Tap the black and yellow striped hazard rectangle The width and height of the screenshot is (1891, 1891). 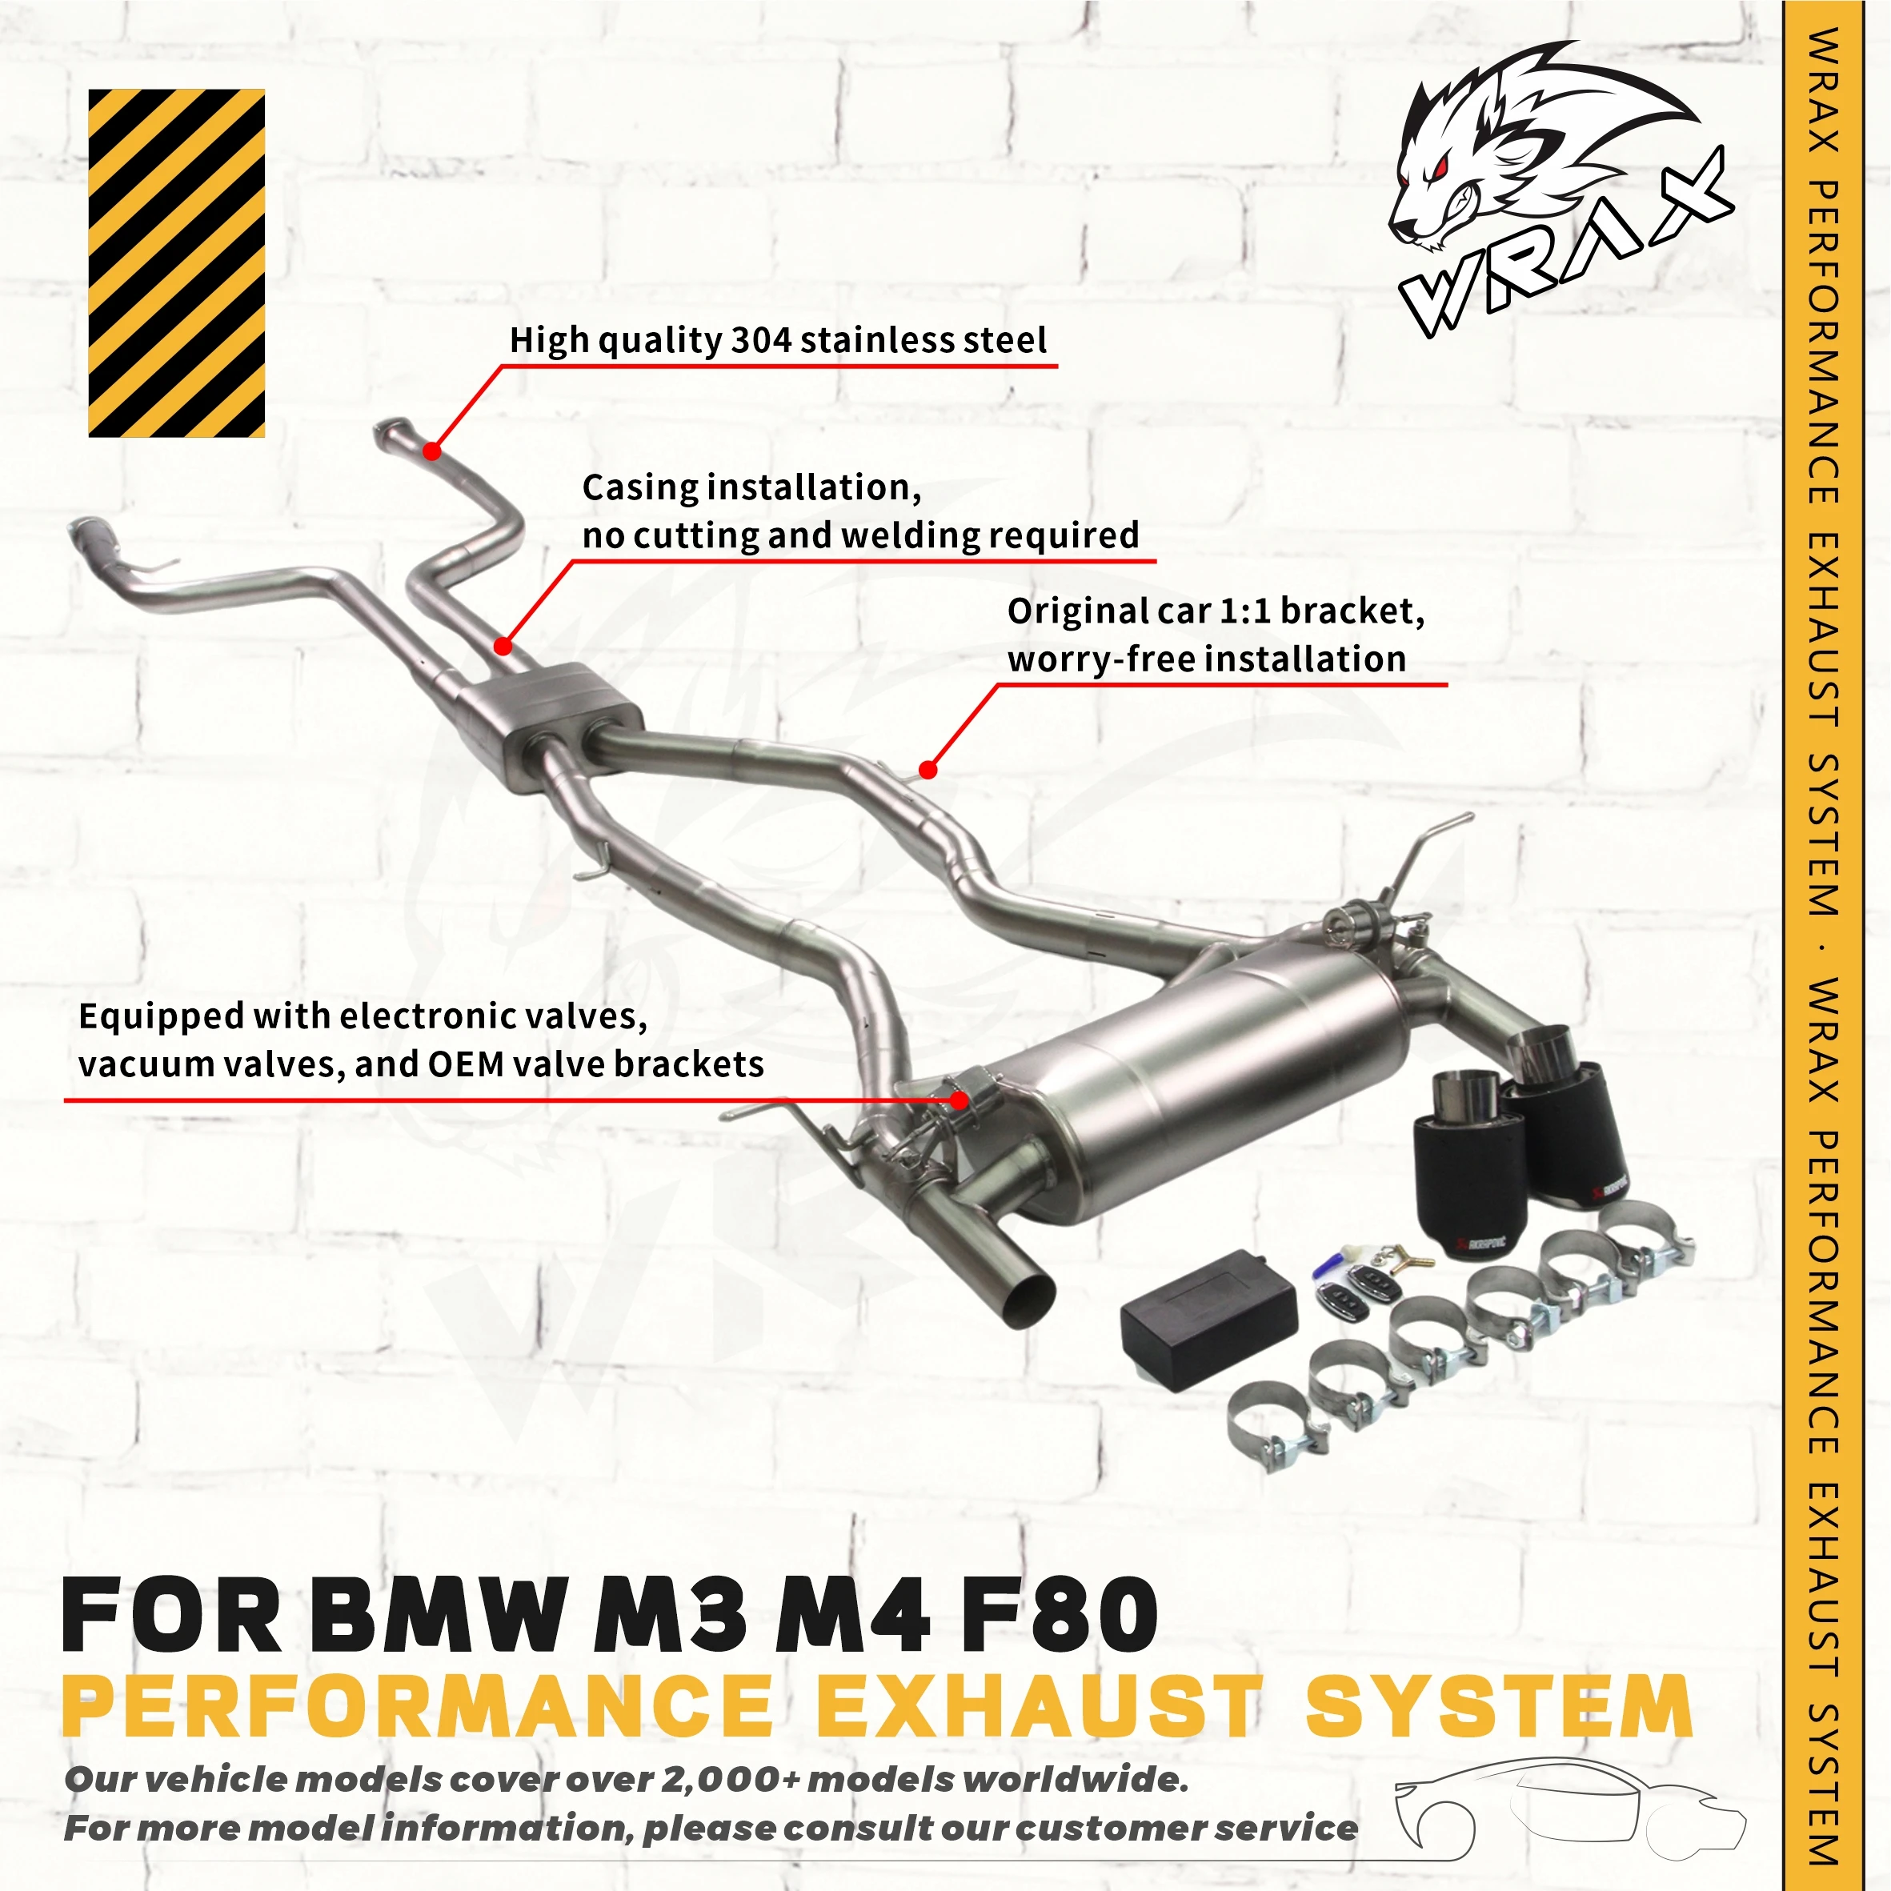176,262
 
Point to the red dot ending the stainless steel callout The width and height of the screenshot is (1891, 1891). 431,451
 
